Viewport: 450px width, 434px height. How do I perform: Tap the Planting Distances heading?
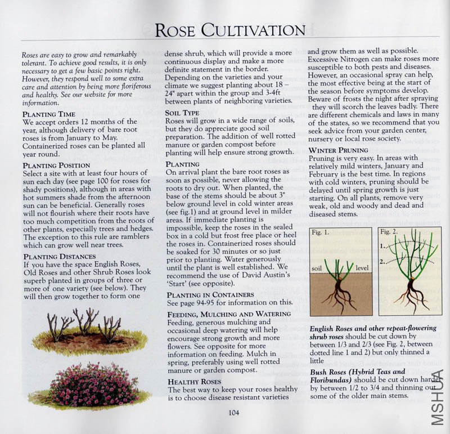click(57, 257)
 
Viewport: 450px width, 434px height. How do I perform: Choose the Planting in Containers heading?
click(210, 294)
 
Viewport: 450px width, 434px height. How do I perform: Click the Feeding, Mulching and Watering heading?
click(229, 314)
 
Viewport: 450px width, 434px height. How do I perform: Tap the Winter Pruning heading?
click(338, 151)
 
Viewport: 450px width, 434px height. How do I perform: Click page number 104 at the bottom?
click(235, 413)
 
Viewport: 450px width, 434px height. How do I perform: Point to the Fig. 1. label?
click(321, 232)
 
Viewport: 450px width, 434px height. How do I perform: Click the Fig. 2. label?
click(390, 232)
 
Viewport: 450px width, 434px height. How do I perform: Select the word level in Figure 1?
click(362, 269)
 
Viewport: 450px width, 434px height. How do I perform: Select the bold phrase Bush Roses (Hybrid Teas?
click(357, 372)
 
